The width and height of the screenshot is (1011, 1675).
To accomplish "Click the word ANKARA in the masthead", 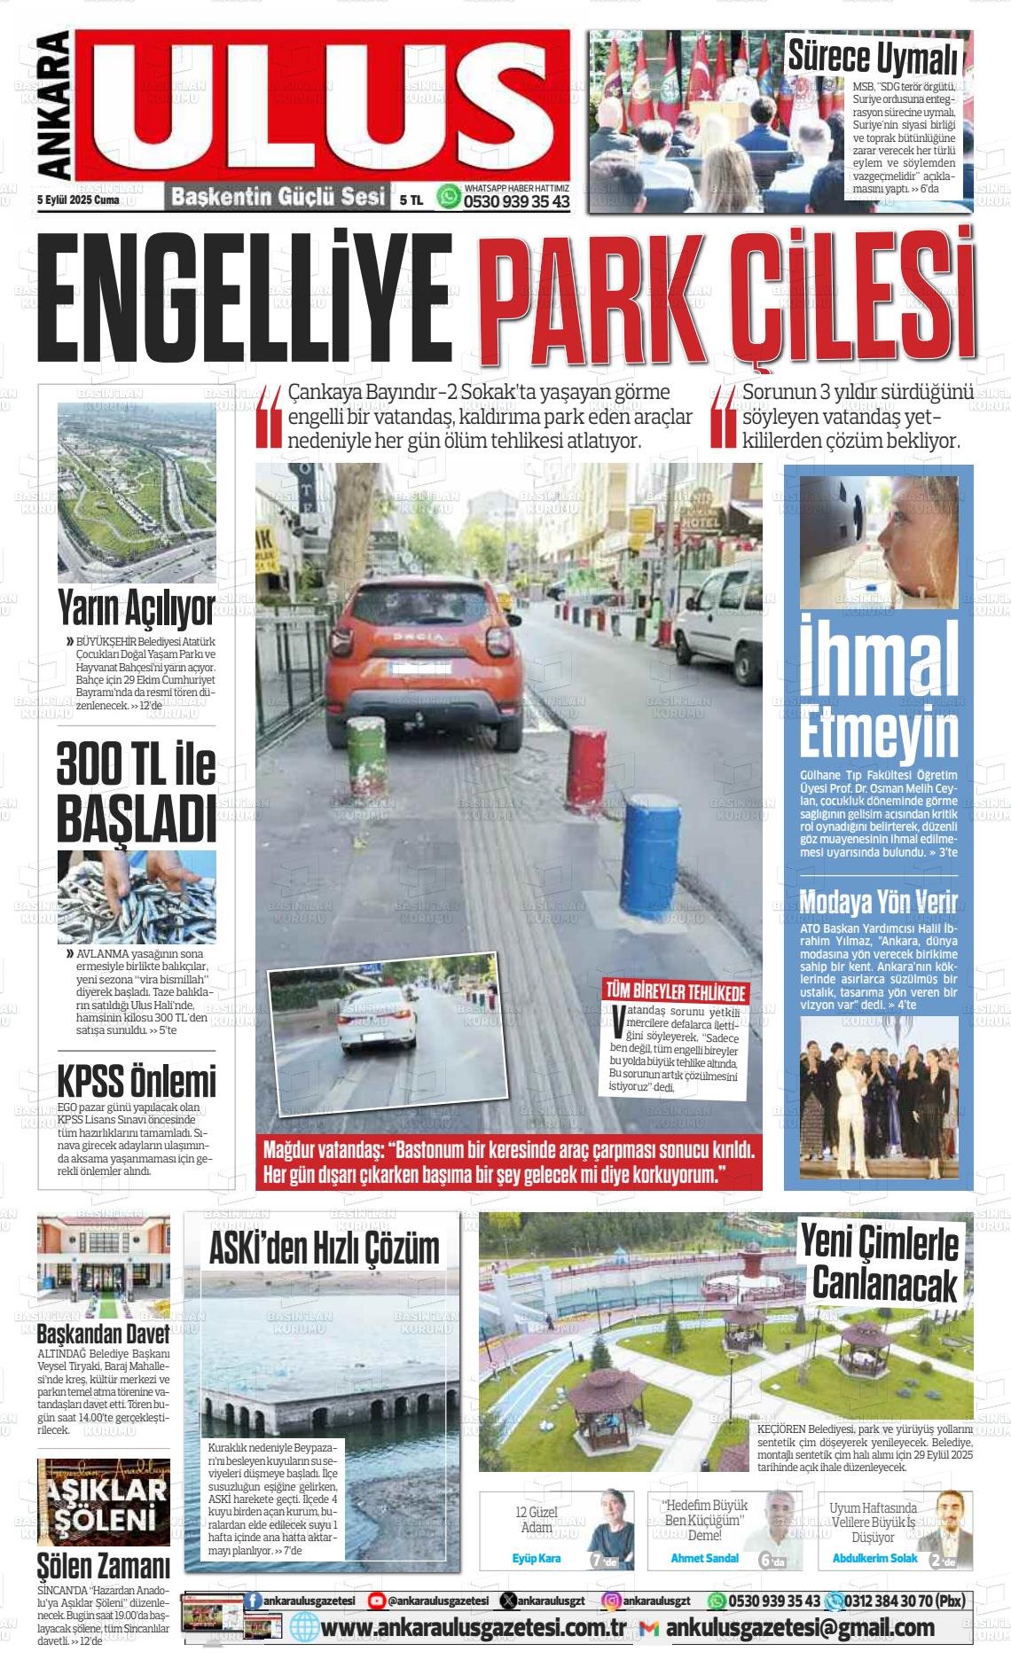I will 54,106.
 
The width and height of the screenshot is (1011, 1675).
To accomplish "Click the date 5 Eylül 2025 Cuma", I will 79,200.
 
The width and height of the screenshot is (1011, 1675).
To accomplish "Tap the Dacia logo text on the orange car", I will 422,638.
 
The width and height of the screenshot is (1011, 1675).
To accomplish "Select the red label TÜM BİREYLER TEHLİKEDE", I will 676,991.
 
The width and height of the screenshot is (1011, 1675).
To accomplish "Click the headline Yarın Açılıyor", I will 137,609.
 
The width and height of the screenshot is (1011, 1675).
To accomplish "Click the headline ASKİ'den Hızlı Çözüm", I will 324,1248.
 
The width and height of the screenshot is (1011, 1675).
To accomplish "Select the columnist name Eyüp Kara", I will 537,1557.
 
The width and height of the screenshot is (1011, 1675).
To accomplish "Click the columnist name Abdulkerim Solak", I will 874,1557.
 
